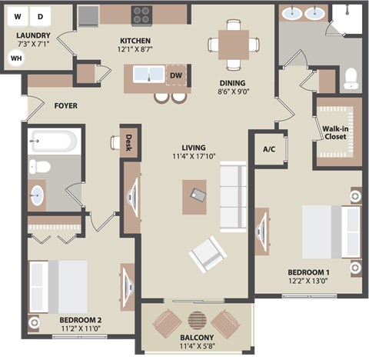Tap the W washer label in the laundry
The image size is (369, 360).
click(18, 15)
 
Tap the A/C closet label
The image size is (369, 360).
click(269, 149)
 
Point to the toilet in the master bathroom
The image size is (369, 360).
click(351, 77)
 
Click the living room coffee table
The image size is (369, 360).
click(198, 195)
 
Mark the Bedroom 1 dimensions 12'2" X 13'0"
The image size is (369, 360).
click(308, 282)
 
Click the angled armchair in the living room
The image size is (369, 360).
click(206, 252)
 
